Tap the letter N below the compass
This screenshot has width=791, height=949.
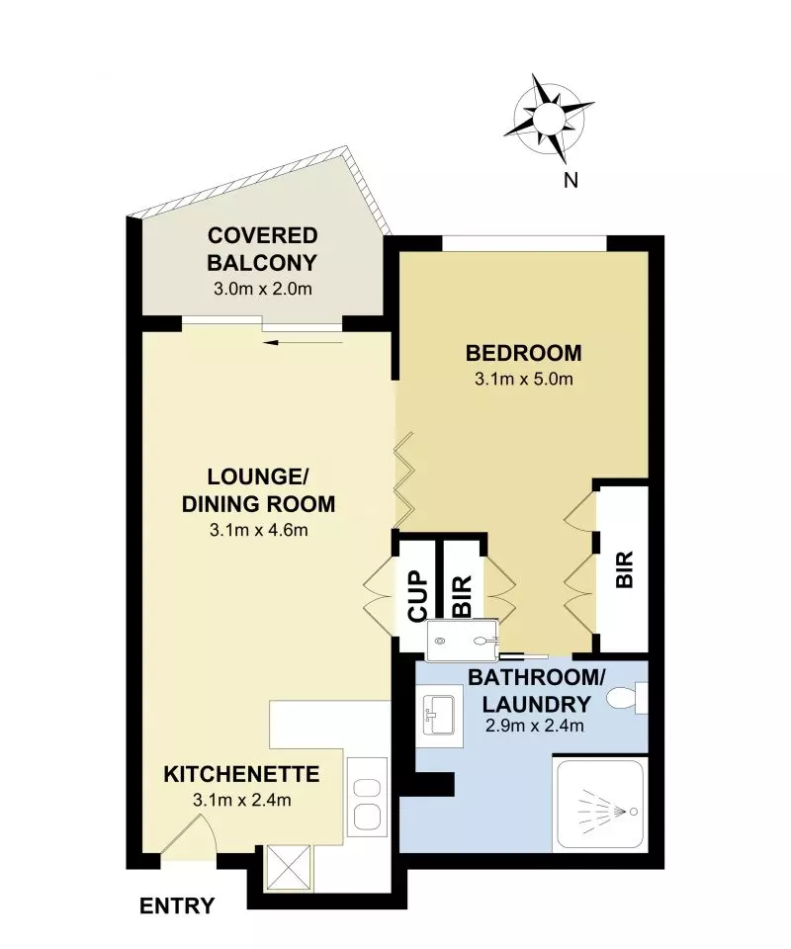tap(571, 179)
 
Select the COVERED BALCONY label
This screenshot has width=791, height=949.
tap(262, 249)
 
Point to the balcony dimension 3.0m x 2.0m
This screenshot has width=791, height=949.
tap(262, 290)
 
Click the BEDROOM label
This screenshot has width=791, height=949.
tap(523, 353)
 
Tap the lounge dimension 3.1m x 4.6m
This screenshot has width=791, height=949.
tap(258, 530)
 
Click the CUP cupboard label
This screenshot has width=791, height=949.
tap(416, 594)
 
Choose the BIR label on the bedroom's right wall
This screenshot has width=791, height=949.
tap(624, 569)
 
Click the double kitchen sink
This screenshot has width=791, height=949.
tap(368, 803)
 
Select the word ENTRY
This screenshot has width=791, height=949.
tap(177, 906)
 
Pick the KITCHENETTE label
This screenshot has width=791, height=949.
tap(240, 774)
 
